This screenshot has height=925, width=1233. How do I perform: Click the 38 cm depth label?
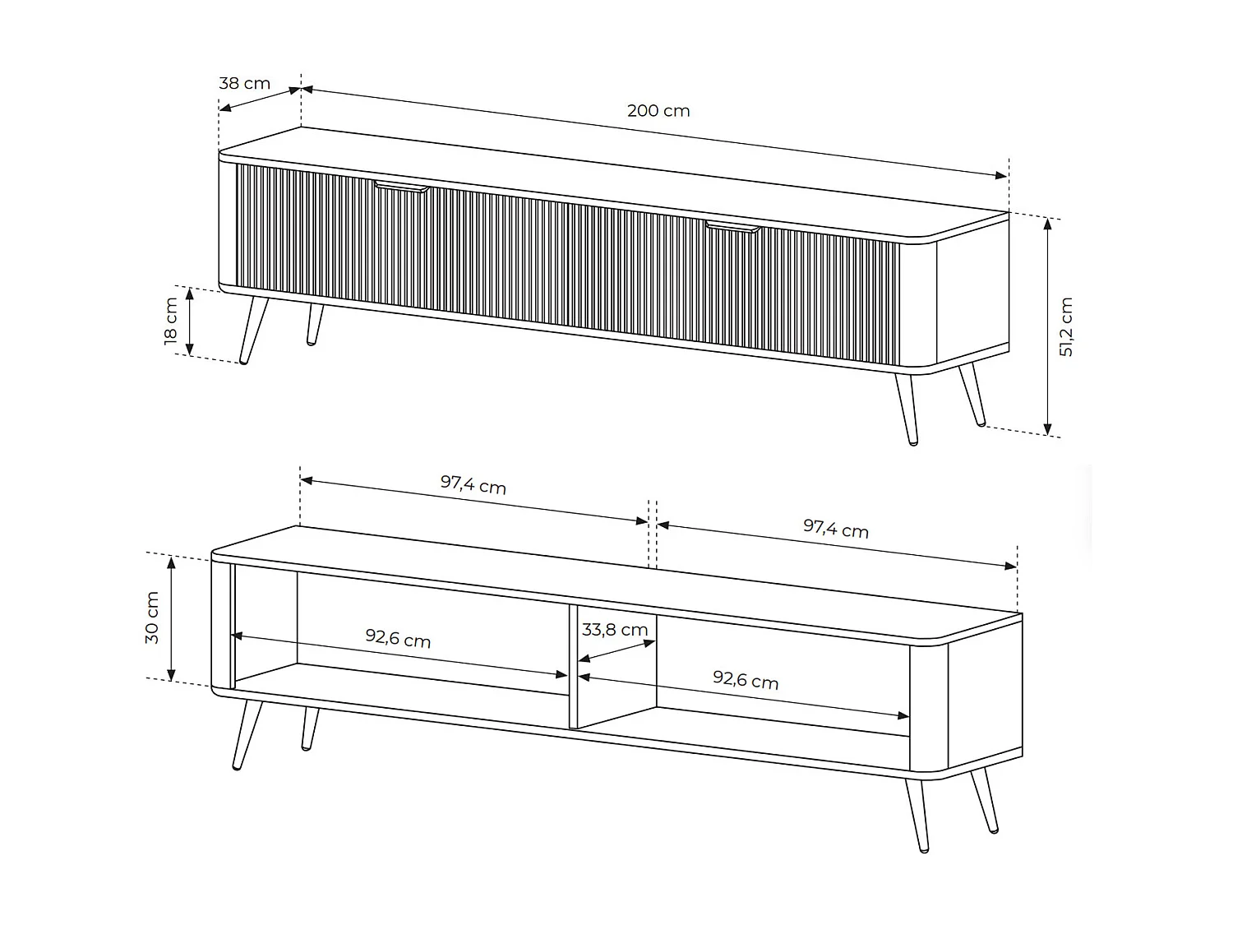[x=244, y=83]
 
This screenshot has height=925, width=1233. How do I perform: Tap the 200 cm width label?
[x=658, y=111]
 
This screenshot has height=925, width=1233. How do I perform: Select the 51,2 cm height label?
[x=1065, y=327]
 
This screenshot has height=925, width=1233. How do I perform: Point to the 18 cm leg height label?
[x=171, y=321]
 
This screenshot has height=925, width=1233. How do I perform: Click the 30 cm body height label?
[x=152, y=617]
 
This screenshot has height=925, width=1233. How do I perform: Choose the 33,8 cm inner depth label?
[x=615, y=630]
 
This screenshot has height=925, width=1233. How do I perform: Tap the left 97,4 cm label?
[x=473, y=484]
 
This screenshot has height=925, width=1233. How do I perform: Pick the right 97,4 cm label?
[x=836, y=529]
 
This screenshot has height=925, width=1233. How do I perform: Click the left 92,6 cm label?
[x=398, y=638]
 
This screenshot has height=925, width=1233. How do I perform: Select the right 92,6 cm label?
[x=746, y=680]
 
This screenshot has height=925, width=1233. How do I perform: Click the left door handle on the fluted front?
[x=402, y=187]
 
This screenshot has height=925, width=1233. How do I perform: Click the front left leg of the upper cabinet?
[x=253, y=331]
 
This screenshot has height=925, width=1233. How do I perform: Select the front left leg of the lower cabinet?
[x=247, y=735]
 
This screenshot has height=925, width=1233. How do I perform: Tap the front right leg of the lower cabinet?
[x=917, y=816]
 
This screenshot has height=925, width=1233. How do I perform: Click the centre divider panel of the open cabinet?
[x=574, y=667]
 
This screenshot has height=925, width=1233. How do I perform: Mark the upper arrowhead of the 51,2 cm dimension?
[x=1047, y=224]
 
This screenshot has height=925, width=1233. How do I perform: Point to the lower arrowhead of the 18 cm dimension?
[x=189, y=349]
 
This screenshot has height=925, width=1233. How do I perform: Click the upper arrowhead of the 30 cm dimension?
[x=172, y=562]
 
